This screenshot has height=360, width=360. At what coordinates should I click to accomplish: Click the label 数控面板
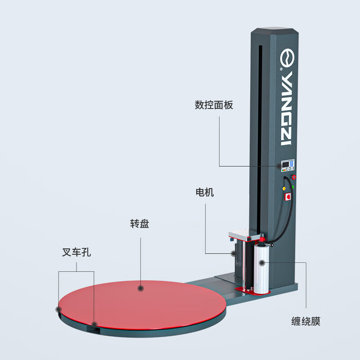214,105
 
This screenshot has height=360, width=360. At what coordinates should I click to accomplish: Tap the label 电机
204,193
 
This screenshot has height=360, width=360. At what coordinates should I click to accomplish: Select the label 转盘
139,224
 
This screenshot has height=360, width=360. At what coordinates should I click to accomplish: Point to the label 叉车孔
76,253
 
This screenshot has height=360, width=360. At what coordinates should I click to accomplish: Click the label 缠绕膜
306,322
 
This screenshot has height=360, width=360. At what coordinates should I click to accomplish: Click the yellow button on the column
284,188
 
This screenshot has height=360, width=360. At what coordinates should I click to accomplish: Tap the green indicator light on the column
293,186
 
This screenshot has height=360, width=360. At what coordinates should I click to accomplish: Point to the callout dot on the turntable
140,288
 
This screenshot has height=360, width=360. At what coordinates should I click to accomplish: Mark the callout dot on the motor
233,253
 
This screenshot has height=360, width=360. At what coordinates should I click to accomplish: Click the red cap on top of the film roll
261,245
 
